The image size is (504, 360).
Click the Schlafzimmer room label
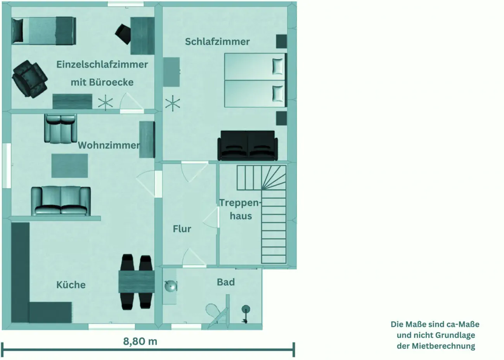[217, 42]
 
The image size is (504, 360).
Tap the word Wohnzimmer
[109, 145]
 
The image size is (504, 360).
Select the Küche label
[71, 285]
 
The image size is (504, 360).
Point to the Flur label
[182, 229]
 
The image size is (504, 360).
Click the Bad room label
[226, 282]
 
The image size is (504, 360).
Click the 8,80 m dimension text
[140, 341]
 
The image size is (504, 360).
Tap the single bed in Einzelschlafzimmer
[43, 30]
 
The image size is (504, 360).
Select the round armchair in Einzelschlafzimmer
[29, 78]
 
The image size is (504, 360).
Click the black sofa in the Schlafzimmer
[248, 145]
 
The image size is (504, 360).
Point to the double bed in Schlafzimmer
[255, 80]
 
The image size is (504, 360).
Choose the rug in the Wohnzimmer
[70, 165]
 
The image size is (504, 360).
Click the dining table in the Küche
[136, 282]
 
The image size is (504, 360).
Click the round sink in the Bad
[170, 287]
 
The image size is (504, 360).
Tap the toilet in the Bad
[213, 311]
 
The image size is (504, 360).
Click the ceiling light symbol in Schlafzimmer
[173, 104]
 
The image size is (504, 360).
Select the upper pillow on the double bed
[278, 66]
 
